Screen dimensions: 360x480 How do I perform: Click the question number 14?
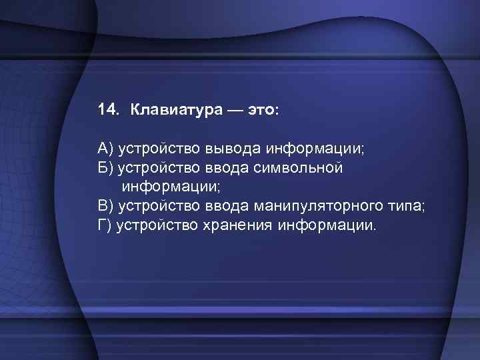(x=107, y=109)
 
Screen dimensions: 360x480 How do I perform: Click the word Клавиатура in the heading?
(x=167, y=109)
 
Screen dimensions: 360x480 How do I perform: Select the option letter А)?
(x=105, y=148)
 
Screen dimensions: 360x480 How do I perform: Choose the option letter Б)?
(x=105, y=167)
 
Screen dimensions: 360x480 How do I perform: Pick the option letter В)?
(x=105, y=206)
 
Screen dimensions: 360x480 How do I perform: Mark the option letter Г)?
(x=104, y=225)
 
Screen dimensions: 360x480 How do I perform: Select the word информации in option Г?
(x=327, y=225)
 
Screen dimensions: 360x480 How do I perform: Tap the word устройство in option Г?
(x=157, y=225)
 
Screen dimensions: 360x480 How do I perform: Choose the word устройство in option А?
(x=157, y=148)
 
